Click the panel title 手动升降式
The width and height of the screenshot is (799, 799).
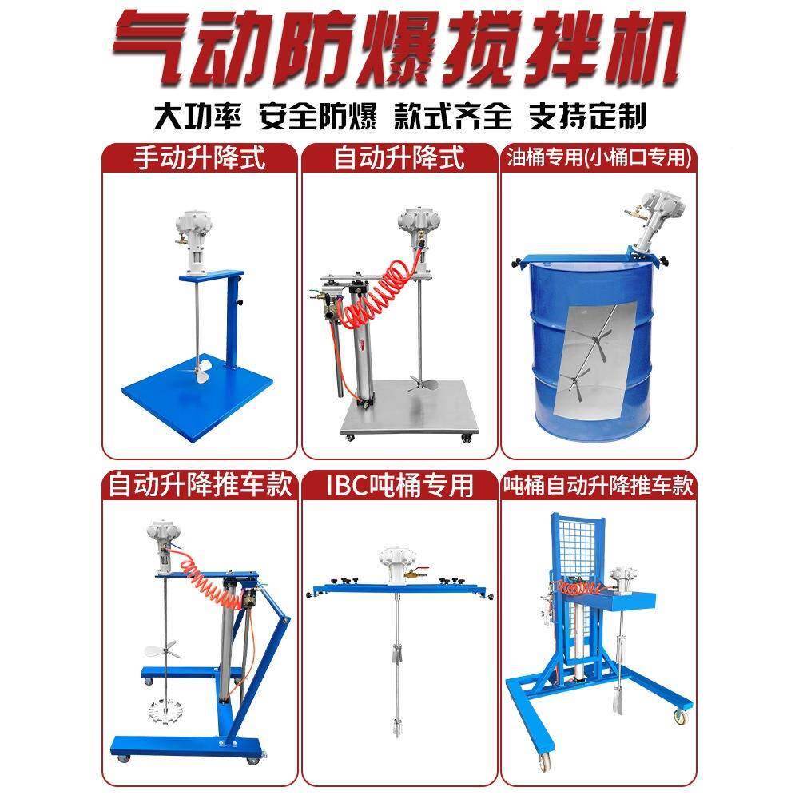199,157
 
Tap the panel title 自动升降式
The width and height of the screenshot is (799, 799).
399,157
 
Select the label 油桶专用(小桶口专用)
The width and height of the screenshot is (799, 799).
598,157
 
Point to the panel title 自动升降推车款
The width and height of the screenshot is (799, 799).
199,484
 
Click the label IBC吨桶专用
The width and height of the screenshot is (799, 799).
399,484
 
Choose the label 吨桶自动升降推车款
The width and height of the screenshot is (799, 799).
598,484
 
